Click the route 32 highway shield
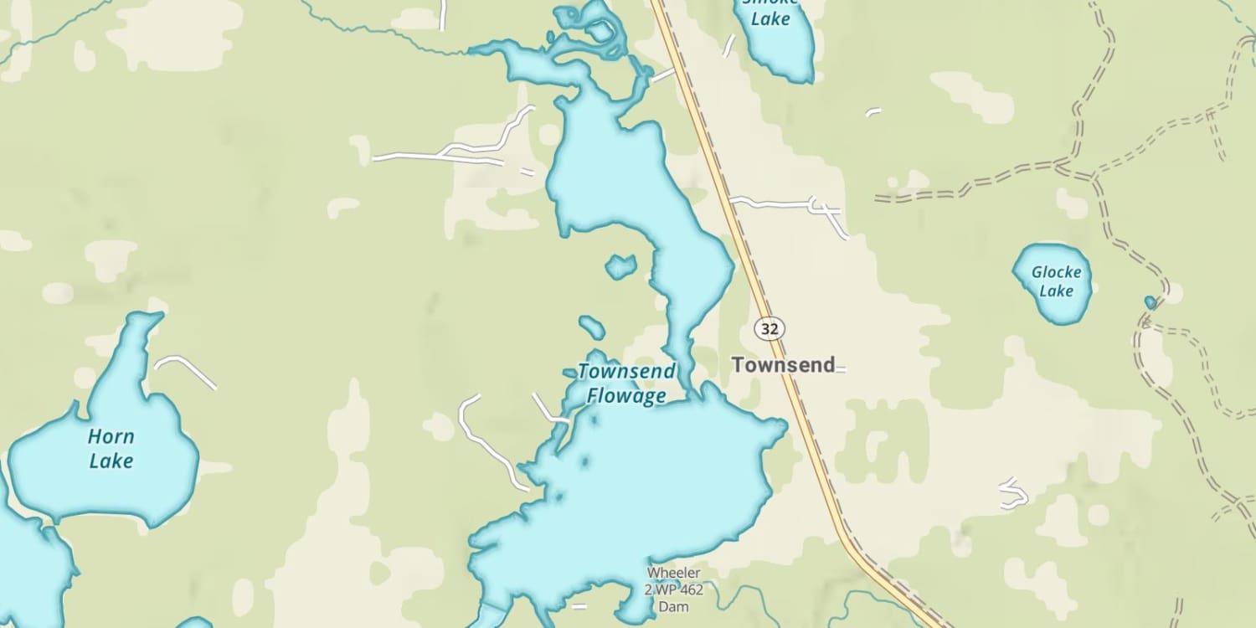point(769,328)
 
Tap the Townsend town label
point(783,365)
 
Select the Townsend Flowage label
point(626,383)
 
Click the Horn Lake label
point(111,449)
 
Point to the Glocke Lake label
point(1056,281)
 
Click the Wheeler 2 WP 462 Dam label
point(674,589)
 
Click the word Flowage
point(626,396)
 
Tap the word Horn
point(111,437)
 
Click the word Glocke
point(1056,272)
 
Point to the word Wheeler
point(674,574)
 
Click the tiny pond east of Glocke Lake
point(1150,301)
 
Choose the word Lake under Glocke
point(1056,291)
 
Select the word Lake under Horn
point(111,461)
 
